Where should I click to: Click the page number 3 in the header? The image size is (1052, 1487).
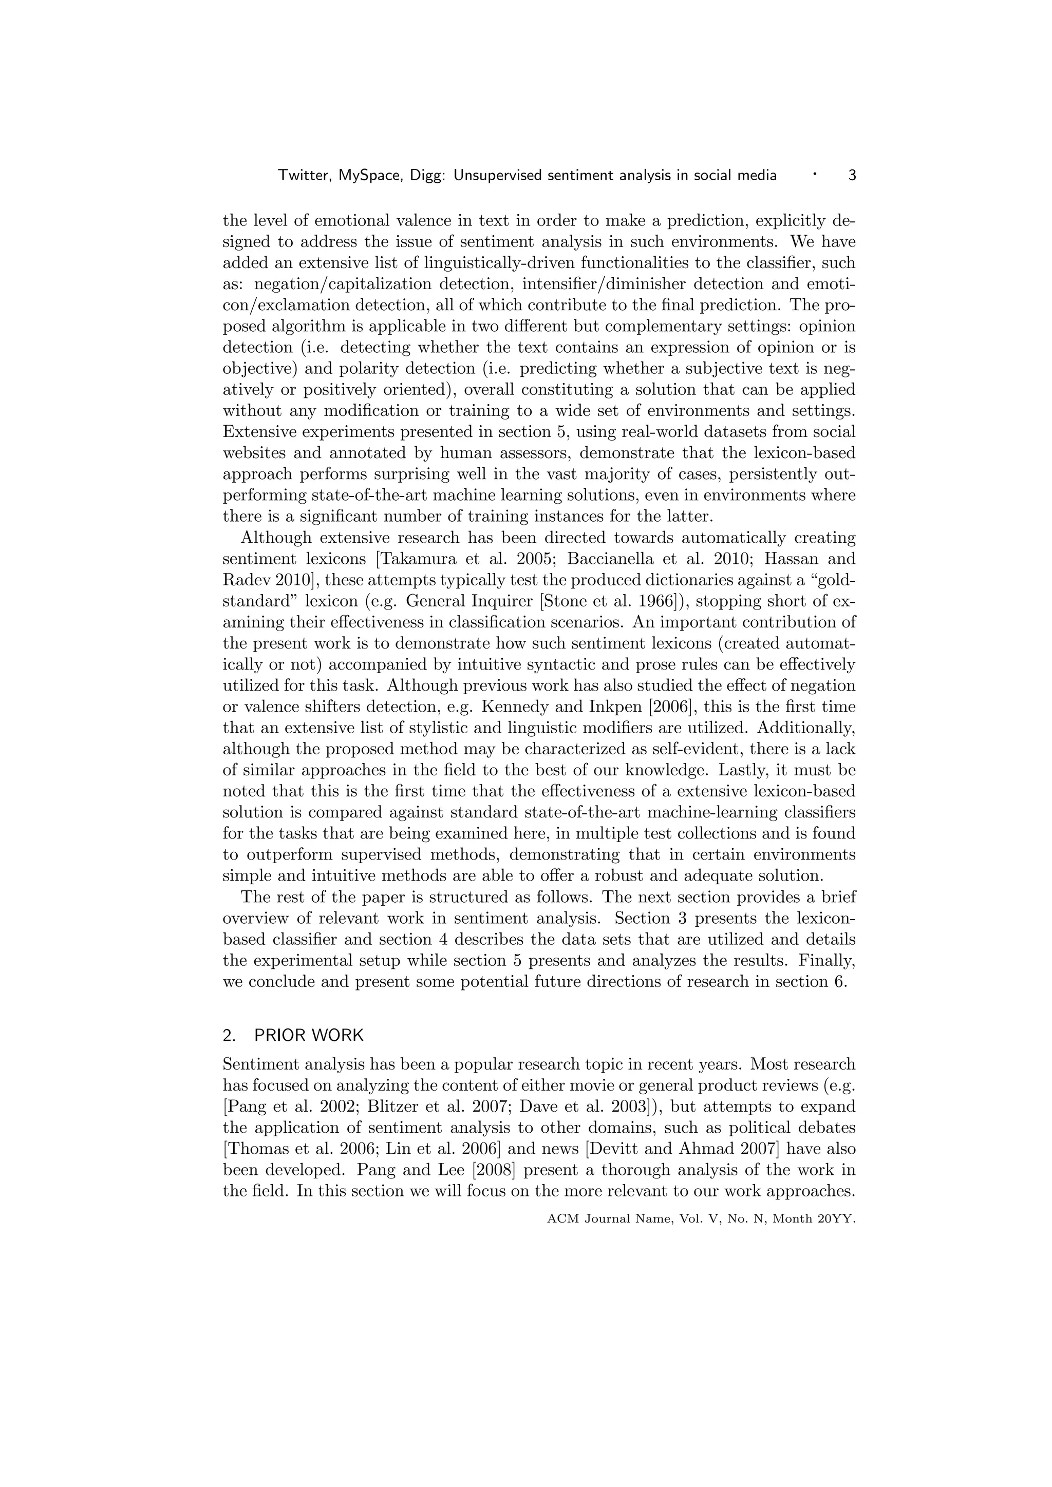pyautogui.click(x=852, y=175)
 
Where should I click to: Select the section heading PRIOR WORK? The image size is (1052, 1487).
pyautogui.click(x=309, y=1035)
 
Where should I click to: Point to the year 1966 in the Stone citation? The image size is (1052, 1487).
pyautogui.click(x=653, y=601)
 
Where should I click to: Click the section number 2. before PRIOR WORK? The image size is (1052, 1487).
pyautogui.click(x=229, y=1035)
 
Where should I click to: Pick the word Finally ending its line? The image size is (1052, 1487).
pyautogui.click(x=827, y=961)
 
